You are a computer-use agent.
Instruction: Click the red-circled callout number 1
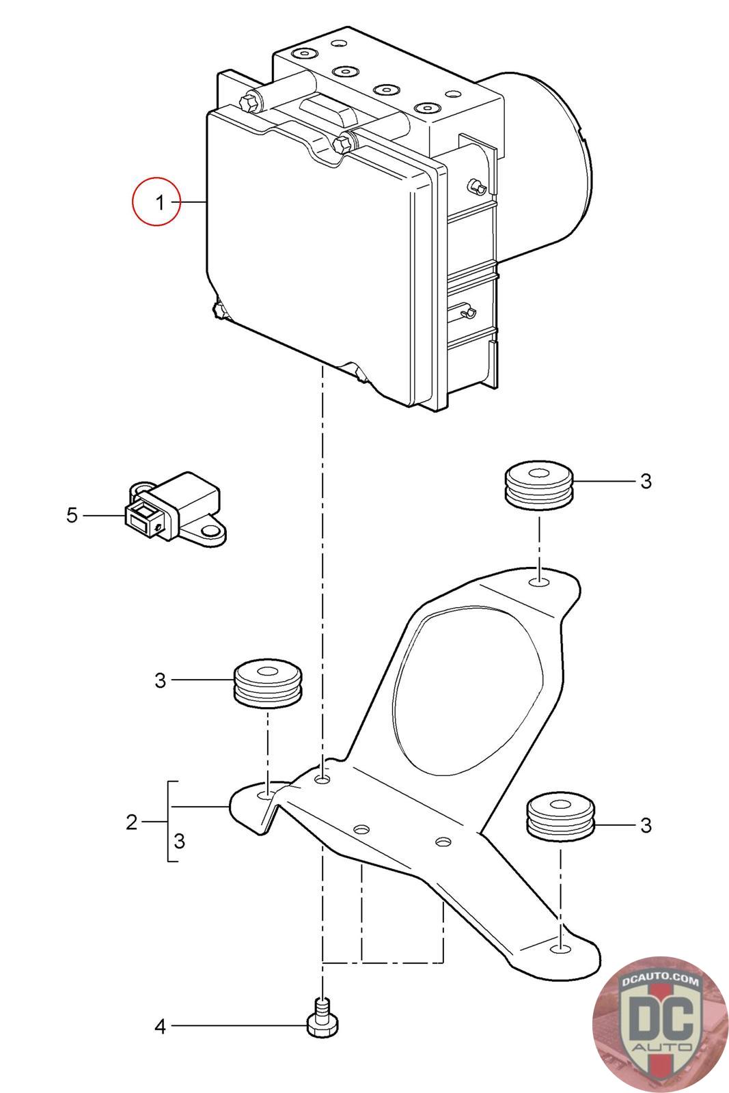(157, 202)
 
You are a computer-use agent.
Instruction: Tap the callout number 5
(72, 514)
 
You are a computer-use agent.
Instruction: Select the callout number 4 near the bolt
(160, 1026)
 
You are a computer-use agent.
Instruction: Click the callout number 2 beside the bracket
(132, 822)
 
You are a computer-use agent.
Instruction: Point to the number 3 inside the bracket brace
(179, 841)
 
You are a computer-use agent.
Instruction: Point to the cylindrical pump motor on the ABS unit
(553, 164)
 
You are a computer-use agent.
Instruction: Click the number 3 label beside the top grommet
(646, 482)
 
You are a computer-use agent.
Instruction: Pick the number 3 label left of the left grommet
(160, 680)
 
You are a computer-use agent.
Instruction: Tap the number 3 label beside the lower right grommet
(646, 825)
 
